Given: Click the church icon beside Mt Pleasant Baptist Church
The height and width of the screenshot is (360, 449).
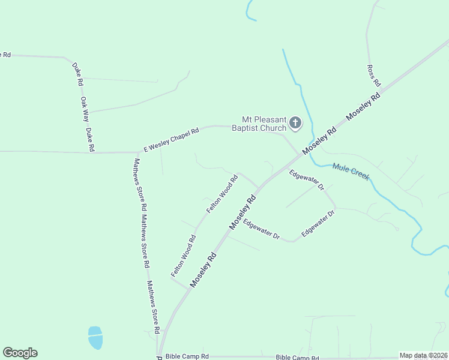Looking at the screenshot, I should pyautogui.click(x=295, y=123).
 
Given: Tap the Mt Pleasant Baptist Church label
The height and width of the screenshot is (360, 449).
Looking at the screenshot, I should pyautogui.click(x=264, y=124).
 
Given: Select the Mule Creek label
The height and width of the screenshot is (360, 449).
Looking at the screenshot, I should pyautogui.click(x=351, y=172).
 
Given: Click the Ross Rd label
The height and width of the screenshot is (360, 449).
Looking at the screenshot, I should pyautogui.click(x=370, y=76).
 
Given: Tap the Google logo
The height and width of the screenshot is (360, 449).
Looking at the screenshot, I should pyautogui.click(x=20, y=353).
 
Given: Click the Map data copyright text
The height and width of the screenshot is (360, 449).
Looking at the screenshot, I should pyautogui.click(x=423, y=355).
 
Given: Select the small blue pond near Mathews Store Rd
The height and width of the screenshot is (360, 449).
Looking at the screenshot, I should pyautogui.click(x=95, y=338).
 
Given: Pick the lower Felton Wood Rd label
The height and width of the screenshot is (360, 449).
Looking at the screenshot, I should pyautogui.click(x=184, y=256).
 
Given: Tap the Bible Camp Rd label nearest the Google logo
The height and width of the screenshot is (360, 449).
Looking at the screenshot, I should pyautogui.click(x=187, y=356).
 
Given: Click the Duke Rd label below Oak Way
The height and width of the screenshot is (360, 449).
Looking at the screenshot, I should pyautogui.click(x=90, y=139).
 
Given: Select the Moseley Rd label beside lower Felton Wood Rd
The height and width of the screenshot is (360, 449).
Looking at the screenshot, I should pyautogui.click(x=203, y=268).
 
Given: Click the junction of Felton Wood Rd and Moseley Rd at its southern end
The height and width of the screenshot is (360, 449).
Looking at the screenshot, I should pyautogui.click(x=190, y=288).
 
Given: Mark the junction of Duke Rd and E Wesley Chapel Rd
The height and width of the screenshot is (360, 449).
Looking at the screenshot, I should pyautogui.click(x=97, y=152).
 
